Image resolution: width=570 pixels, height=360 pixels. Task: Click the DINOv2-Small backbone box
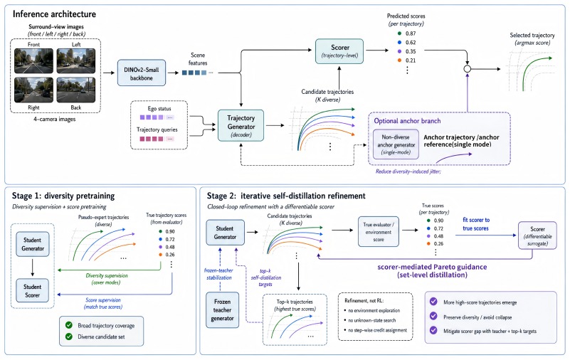tap(142, 73)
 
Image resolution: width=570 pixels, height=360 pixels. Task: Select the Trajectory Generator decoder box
tap(241, 126)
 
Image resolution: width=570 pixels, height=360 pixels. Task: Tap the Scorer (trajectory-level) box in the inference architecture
tap(339, 51)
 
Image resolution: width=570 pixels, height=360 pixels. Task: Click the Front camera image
tap(34, 60)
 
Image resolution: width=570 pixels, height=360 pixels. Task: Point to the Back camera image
tap(76, 90)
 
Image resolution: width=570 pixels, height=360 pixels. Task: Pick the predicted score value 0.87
tap(411, 33)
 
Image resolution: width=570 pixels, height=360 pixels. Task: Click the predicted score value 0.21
tap(411, 60)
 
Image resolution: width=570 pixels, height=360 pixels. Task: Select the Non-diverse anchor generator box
tap(396, 144)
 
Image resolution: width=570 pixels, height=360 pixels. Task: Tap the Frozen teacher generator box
tap(223, 310)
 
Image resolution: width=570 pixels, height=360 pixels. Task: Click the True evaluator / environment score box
tap(379, 232)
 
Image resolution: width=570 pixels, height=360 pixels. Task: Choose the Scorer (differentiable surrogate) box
tap(537, 235)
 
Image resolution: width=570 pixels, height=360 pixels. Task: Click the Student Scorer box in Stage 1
tap(32, 290)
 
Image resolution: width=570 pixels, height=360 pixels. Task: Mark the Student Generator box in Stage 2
tap(225, 233)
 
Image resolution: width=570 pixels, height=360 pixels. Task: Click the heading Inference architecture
tap(55, 14)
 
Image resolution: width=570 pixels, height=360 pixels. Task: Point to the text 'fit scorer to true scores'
tap(476, 224)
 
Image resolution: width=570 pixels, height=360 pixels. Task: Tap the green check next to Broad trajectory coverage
tap(69, 325)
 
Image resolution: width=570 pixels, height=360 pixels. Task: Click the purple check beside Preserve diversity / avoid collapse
tap(433, 316)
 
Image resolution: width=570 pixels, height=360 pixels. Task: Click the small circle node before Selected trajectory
tap(468, 69)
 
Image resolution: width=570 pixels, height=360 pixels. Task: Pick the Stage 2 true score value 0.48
tap(438, 236)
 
